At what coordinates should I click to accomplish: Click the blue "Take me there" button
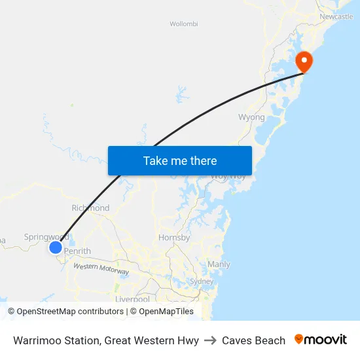click(x=180, y=160)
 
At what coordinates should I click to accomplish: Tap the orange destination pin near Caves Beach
click(x=304, y=62)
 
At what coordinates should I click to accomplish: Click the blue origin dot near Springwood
click(x=56, y=247)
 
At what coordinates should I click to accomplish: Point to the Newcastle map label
click(x=336, y=16)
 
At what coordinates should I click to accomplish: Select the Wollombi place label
click(x=183, y=24)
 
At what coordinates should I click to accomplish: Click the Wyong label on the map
click(x=251, y=118)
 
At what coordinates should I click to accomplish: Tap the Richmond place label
click(x=91, y=208)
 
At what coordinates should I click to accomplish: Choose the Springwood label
click(x=46, y=237)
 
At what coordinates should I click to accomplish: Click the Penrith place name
click(x=78, y=251)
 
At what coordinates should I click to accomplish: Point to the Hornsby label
click(x=174, y=238)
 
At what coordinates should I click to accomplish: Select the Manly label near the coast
click(x=219, y=264)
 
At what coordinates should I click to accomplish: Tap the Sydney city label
click(x=202, y=281)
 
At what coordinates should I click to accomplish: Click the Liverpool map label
click(x=132, y=299)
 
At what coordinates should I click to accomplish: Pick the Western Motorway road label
click(x=101, y=268)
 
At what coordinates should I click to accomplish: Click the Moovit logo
click(x=321, y=340)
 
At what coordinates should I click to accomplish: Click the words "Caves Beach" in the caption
click(x=253, y=340)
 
